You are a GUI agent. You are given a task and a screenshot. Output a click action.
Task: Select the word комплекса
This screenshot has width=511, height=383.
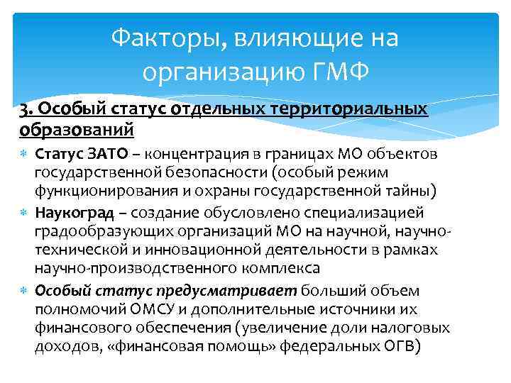point(288,268)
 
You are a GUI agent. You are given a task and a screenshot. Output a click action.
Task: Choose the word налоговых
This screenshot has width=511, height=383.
point(414,328)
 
